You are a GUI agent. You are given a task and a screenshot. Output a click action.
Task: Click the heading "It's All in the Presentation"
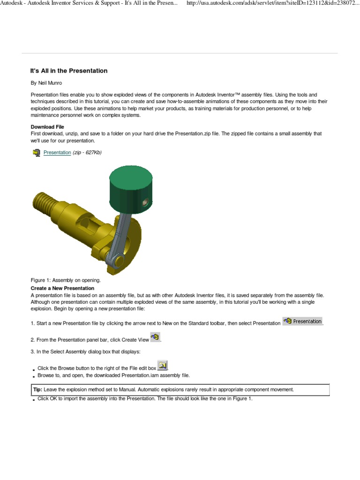(69, 71)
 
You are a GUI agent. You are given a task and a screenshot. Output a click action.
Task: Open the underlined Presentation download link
(57, 153)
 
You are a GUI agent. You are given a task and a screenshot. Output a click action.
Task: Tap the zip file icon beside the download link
(37, 153)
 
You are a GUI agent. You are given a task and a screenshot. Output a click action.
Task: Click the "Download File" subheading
(47, 127)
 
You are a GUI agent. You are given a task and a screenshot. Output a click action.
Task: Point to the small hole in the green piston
(146, 202)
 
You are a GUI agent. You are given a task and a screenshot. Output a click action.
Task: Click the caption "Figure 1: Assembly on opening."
(66, 280)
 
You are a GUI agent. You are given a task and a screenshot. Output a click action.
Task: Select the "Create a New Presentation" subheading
(62, 288)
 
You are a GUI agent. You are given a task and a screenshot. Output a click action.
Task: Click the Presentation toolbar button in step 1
(303, 321)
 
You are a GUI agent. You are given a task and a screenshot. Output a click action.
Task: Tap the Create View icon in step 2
(156, 337)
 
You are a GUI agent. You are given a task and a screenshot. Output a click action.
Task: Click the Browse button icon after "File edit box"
(162, 366)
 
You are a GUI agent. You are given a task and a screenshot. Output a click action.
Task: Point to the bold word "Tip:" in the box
(37, 390)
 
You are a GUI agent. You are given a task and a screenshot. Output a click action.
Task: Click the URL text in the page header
(273, 4)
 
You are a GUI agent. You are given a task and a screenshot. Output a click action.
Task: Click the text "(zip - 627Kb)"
(87, 153)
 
